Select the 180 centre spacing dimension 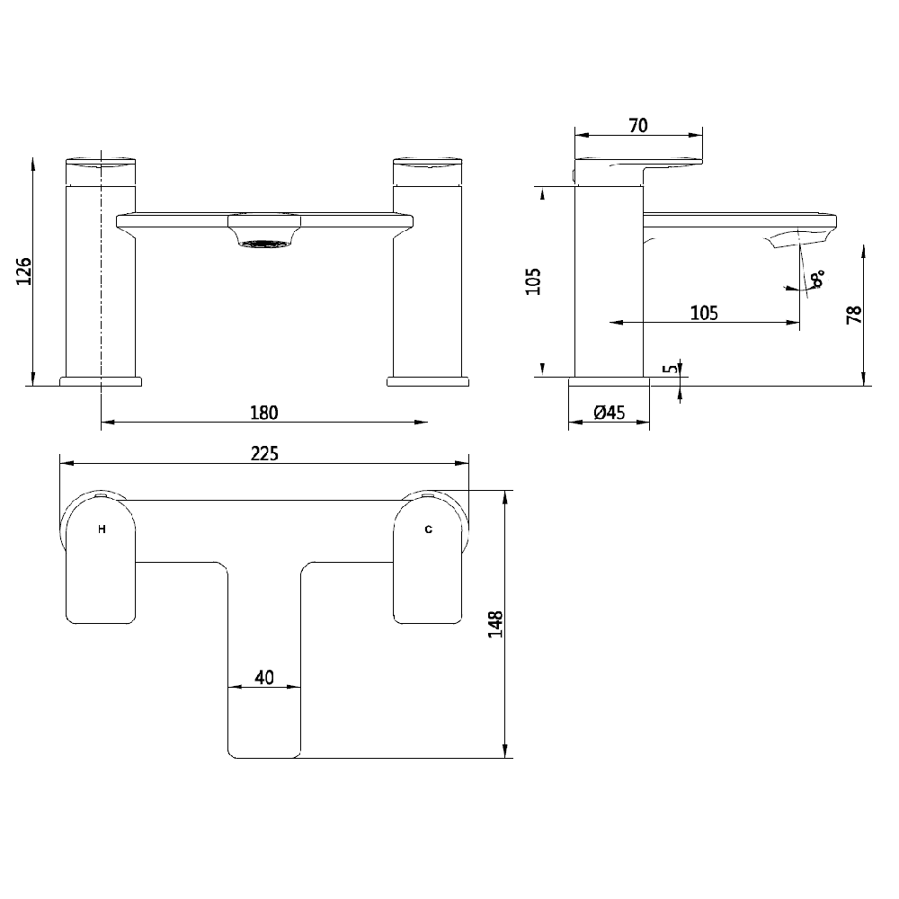[x=263, y=413]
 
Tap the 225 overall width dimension [x=263, y=454]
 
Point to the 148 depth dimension [x=494, y=623]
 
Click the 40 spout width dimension [x=264, y=678]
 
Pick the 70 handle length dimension [x=638, y=126]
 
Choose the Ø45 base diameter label [x=610, y=413]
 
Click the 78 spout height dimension [x=854, y=314]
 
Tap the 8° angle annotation [x=816, y=280]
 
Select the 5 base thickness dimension [x=667, y=369]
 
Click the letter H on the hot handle [x=102, y=530]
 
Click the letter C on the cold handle [x=429, y=530]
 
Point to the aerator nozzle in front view [x=264, y=243]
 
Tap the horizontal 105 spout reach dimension [x=704, y=313]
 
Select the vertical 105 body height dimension [x=532, y=280]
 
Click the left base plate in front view [x=101, y=381]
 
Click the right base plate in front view [x=428, y=381]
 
